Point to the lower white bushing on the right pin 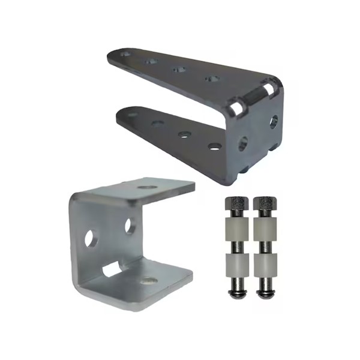(265, 265)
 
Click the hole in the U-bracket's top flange (146, 188)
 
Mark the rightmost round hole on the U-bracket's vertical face (129, 225)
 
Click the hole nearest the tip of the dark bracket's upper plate (126, 55)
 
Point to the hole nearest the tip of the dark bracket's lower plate (130, 114)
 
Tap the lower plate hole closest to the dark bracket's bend (214, 146)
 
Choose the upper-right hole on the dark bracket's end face (274, 121)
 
